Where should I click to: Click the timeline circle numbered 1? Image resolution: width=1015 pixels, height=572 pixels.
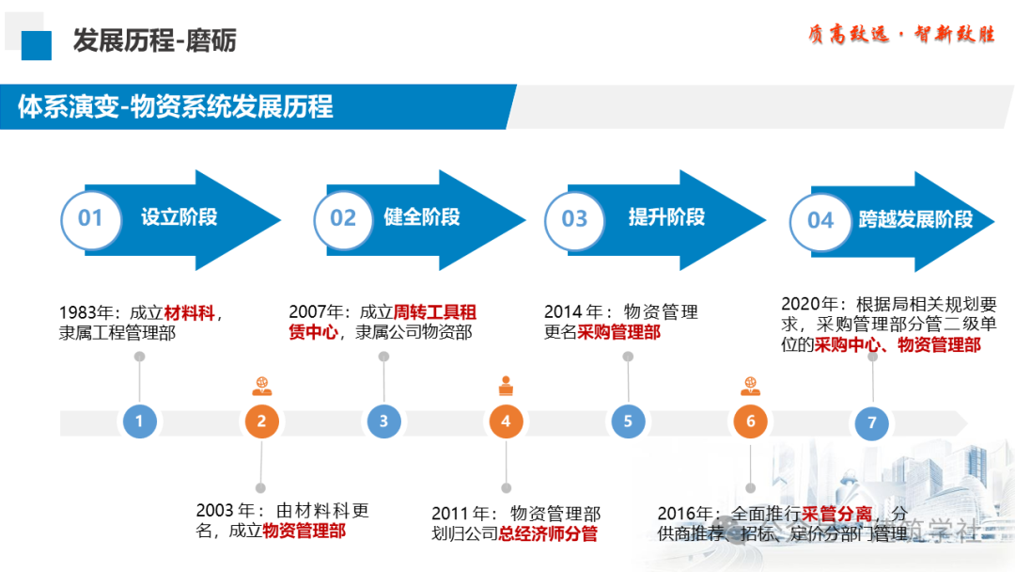139,421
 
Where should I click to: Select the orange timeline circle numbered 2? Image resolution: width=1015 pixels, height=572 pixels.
261,421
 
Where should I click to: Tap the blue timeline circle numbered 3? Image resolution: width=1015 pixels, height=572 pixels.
383,421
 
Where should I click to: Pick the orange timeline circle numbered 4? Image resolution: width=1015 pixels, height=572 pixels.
506,421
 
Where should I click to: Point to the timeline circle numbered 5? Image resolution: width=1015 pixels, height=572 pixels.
628,421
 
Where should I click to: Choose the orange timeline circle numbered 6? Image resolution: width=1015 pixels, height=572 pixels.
750,421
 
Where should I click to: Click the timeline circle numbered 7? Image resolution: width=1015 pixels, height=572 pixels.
871,422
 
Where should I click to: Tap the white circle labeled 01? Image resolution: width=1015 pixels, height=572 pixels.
90,219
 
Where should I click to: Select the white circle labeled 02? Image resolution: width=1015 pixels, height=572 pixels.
343,219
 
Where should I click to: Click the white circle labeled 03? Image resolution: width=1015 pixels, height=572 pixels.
574,219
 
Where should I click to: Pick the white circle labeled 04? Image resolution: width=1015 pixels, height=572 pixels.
820,220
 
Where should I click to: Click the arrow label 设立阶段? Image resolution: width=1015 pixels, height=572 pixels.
180,217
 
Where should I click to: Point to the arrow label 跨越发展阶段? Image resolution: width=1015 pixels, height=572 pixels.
915,220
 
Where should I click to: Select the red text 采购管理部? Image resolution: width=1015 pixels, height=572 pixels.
618,332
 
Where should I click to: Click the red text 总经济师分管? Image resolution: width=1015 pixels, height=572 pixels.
548,534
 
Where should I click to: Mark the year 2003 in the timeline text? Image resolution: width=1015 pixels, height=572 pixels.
216,511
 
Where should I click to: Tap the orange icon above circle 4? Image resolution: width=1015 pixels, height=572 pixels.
506,385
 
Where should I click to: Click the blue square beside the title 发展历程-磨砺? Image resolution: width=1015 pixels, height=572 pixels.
37,44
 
